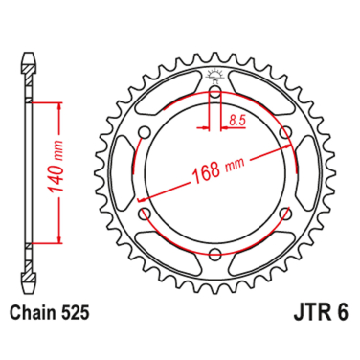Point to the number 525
(x=79, y=312)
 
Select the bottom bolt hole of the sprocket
(x=214, y=254)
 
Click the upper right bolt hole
(x=284, y=133)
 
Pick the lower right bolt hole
(x=284, y=214)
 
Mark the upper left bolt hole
(x=145, y=133)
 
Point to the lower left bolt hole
(x=145, y=214)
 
